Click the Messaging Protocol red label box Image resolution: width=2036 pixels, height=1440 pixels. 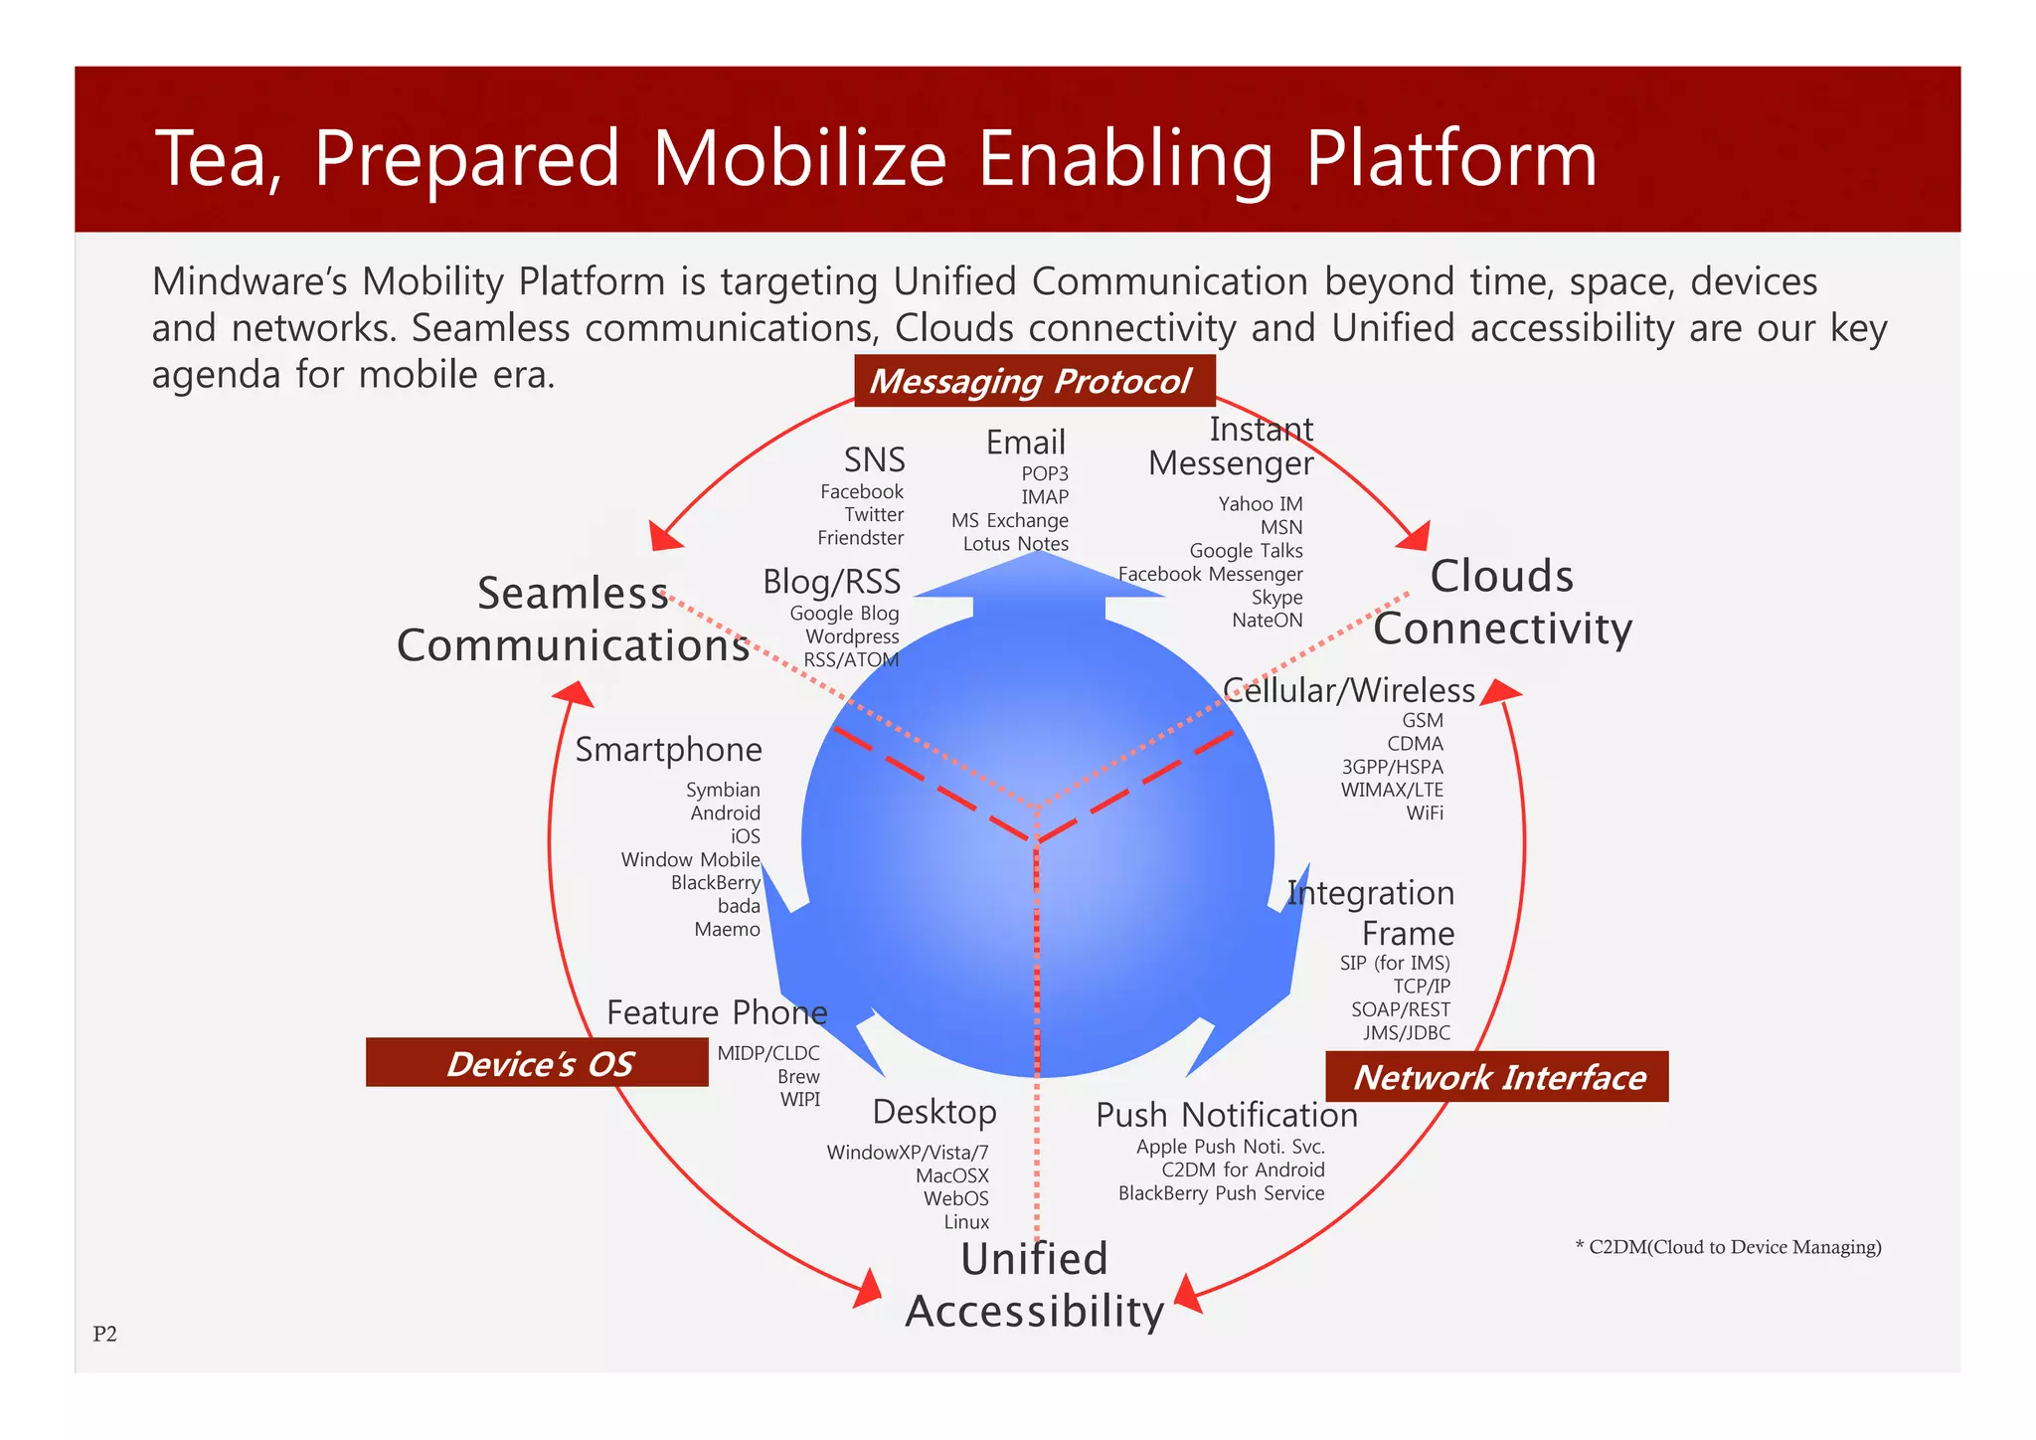1034,381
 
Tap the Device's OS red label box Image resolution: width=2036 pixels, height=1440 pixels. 537,1063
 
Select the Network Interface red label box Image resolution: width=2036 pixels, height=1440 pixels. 1497,1077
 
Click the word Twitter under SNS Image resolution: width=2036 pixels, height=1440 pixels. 874,515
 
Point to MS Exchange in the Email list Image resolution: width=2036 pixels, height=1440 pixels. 1009,521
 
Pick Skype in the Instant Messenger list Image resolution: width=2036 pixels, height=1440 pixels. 1276,598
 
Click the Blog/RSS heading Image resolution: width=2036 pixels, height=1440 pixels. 831,582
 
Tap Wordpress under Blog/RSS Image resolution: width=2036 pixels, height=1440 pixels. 852,636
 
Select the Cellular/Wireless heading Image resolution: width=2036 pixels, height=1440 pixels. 1348,690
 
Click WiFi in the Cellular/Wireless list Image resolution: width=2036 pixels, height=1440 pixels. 1424,813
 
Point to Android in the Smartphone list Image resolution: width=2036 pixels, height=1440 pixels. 725,813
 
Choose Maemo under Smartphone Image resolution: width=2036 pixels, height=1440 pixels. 727,930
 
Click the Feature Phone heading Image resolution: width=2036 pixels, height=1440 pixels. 717,1012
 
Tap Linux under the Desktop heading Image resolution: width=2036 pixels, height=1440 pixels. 966,1222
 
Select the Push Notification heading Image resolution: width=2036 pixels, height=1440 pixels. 1226,1116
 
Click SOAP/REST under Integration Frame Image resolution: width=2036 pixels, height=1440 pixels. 1400,1009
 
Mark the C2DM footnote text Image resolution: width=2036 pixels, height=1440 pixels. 1728,1247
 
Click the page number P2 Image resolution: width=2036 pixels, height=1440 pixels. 104,1335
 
